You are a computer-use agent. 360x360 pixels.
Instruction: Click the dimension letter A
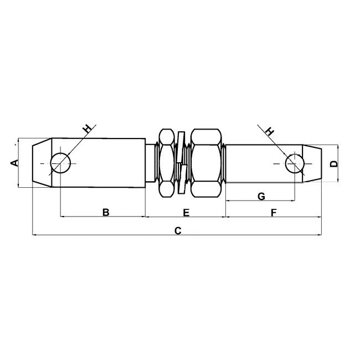point(14,163)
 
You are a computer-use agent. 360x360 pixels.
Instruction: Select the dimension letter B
point(106,212)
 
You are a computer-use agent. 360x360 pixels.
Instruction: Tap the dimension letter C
point(178,230)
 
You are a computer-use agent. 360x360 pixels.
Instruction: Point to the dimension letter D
point(333,164)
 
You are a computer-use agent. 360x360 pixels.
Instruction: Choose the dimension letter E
point(186,213)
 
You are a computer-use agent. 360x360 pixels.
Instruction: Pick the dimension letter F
point(274,213)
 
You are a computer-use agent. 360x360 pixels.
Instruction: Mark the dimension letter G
point(261,196)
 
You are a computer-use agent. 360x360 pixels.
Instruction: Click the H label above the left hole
point(88,129)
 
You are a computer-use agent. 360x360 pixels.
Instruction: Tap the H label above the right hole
point(270,131)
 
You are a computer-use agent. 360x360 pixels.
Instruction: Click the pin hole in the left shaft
point(60,163)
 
